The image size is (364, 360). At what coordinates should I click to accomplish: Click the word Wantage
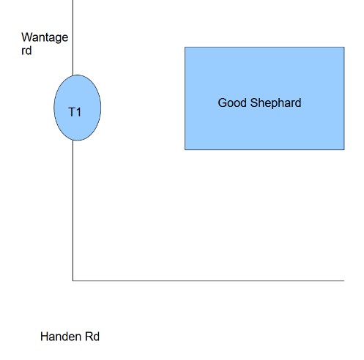45,38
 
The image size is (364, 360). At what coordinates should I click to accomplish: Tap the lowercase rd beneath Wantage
26,50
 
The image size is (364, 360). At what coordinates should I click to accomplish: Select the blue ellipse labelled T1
77,108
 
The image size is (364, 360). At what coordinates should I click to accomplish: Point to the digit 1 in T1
78,113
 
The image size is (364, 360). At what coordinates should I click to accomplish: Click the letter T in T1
72,113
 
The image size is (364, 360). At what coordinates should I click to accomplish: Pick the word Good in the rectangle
232,102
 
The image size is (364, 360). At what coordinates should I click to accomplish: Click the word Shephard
275,103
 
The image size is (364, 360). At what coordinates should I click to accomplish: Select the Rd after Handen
92,337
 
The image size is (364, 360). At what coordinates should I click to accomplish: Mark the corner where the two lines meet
73,280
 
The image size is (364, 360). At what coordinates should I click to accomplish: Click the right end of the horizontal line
344,280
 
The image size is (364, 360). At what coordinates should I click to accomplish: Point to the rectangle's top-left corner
185,47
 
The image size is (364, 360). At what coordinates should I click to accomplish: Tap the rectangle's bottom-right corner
344,149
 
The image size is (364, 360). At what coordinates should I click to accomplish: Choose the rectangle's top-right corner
344,47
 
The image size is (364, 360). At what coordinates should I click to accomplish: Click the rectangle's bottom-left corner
185,149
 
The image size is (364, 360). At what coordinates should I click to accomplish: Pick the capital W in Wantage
26,37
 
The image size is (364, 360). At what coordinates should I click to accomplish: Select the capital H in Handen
44,337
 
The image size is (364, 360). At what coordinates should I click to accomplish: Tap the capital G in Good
222,102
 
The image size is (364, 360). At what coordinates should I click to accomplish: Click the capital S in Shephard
254,102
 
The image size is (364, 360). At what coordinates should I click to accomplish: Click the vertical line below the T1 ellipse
73,210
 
